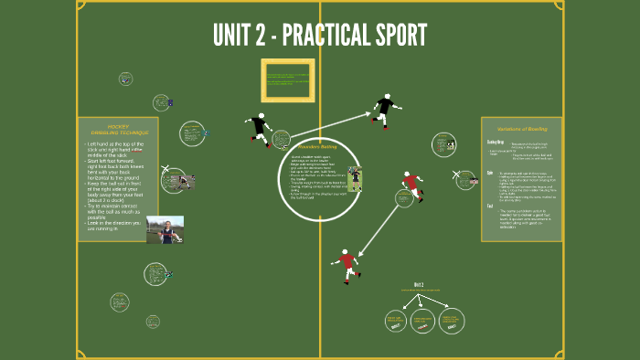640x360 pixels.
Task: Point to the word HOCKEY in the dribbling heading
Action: click(120, 125)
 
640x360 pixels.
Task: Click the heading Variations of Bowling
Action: click(521, 129)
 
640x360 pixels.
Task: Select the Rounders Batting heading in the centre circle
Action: click(317, 146)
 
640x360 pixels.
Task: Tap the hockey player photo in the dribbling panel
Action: click(165, 229)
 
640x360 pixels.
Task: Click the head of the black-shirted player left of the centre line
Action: click(261, 117)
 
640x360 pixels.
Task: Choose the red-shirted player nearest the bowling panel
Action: click(412, 185)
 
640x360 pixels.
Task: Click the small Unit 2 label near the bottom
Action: click(420, 284)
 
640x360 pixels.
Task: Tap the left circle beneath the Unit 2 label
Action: click(395, 320)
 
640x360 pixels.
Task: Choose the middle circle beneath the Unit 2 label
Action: click(422, 320)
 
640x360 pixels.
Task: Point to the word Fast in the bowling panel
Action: click(490, 206)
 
